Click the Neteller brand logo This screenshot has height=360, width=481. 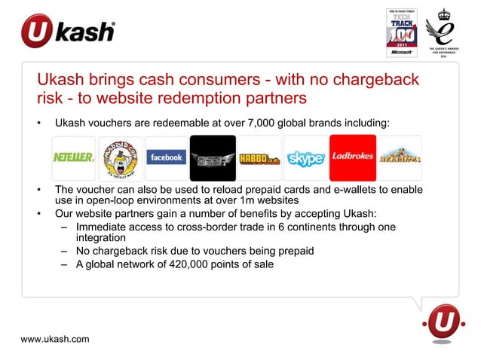click(73, 158)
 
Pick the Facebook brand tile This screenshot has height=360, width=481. click(166, 158)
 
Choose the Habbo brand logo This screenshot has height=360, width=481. click(259, 158)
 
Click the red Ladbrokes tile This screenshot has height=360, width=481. click(352, 157)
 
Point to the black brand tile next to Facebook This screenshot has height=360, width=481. click(213, 158)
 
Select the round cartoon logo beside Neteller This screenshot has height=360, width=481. click(120, 158)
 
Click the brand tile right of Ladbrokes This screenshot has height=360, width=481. click(400, 158)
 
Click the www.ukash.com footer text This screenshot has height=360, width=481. click(55, 339)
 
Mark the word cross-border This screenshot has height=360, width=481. click(222, 227)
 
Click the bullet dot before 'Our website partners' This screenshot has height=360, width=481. click(39, 214)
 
